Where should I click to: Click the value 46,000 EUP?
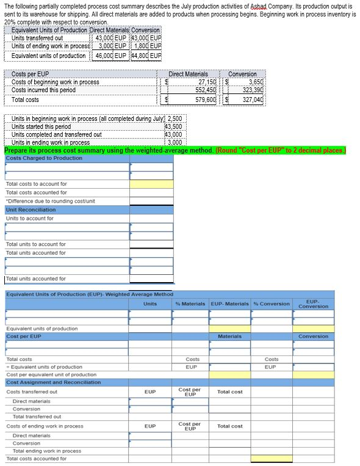110,56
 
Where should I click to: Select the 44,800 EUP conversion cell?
147,56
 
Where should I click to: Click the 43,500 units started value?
173,126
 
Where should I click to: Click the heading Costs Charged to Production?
44,158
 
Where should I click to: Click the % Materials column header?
190,304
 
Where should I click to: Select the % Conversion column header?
271,304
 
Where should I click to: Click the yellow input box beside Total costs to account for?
151,184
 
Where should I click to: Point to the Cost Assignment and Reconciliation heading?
53,382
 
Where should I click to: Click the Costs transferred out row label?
32,391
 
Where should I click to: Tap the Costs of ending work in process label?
45,426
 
